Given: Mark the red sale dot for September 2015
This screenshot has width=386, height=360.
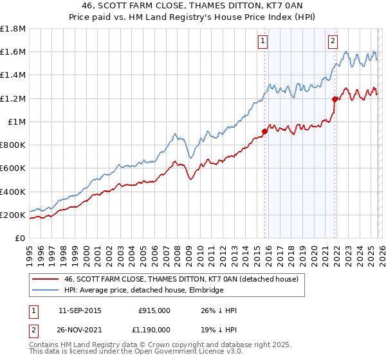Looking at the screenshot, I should click(264, 132).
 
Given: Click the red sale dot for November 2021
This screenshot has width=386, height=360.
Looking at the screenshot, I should click(335, 100).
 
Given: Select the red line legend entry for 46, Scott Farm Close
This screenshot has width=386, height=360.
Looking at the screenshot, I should click(181, 280).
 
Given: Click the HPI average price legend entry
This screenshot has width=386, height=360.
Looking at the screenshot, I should click(143, 291).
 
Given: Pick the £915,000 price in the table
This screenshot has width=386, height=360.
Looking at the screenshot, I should click(154, 310).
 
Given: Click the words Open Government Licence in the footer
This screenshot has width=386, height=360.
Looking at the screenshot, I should click(185, 354).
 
